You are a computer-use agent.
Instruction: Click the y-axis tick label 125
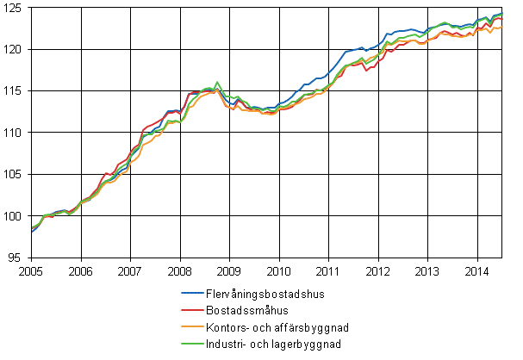(16, 8)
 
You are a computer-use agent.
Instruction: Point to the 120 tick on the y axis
(16, 49)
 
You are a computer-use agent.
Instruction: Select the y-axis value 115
(16, 90)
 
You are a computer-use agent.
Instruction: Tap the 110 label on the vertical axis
(16, 133)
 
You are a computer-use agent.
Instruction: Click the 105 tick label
(16, 174)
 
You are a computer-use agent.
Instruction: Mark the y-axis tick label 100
(16, 215)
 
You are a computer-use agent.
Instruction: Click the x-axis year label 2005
(31, 270)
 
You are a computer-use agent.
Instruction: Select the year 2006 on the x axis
(80, 270)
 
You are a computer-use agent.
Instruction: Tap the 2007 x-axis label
(130, 270)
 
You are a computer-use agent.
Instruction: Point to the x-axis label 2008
(179, 270)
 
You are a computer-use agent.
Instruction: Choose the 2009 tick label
(229, 270)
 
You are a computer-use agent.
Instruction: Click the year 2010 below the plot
(278, 270)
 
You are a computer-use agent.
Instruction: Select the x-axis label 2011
(328, 270)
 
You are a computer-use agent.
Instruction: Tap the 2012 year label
(377, 270)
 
